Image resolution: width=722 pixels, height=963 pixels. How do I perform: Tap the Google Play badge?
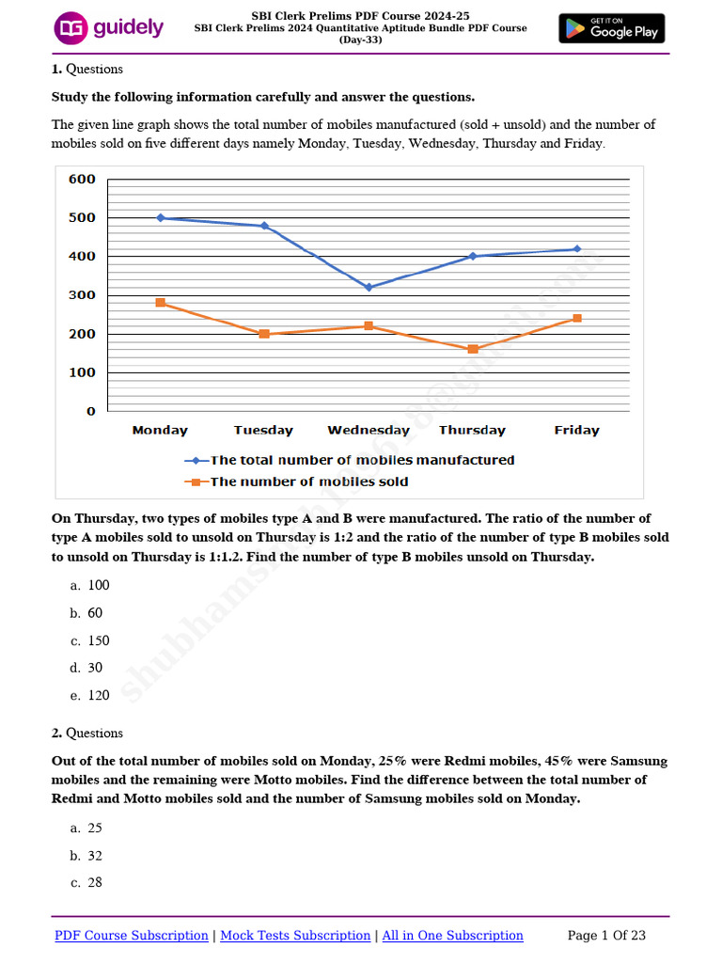(x=611, y=28)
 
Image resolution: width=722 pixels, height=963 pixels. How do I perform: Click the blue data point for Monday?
(x=161, y=217)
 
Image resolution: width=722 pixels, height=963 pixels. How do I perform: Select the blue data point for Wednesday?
(x=369, y=288)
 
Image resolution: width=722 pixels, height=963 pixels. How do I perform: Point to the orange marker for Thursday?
(x=472, y=349)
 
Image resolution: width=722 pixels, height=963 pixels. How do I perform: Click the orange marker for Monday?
(x=161, y=303)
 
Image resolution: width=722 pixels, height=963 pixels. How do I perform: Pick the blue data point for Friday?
(x=576, y=249)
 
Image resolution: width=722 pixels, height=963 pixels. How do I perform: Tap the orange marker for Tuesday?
(x=264, y=334)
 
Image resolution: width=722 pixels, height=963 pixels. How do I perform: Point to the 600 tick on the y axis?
(x=81, y=180)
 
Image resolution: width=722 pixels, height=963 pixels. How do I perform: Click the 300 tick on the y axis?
(x=81, y=295)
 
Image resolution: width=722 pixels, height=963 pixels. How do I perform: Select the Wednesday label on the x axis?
(x=369, y=430)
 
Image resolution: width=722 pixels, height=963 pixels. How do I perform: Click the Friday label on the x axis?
(x=576, y=430)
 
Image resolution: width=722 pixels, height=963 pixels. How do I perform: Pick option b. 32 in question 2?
(x=86, y=856)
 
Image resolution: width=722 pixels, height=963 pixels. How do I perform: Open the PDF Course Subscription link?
(x=132, y=935)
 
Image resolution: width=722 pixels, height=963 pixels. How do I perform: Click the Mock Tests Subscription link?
(x=295, y=935)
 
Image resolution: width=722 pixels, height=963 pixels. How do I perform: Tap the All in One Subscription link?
(x=451, y=935)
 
